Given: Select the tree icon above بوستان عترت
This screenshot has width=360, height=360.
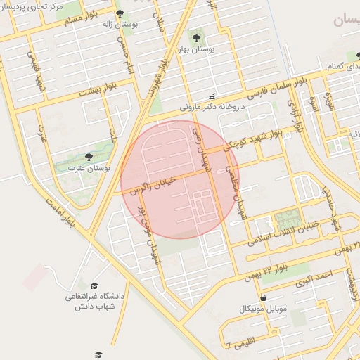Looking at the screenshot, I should point(88,157).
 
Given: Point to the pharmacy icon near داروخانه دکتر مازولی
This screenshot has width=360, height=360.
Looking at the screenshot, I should point(212,96).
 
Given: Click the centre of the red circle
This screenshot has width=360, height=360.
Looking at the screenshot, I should point(180,179).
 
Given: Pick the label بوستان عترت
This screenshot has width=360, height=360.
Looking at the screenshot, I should point(85,168).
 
